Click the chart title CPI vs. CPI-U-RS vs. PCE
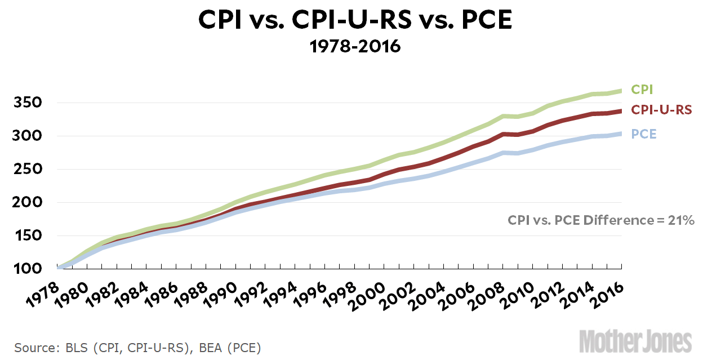355,21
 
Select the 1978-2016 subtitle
355,46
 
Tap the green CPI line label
642,90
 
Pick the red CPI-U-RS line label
661,110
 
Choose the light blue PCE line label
643,134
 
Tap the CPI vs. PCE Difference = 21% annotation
602,220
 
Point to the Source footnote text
138,347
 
